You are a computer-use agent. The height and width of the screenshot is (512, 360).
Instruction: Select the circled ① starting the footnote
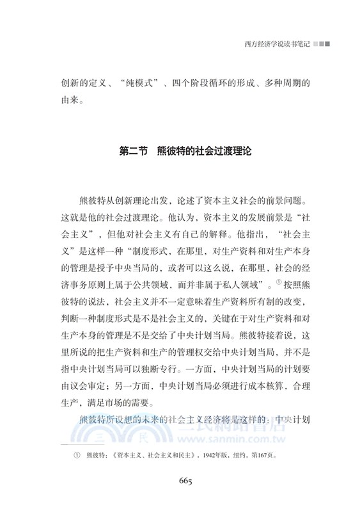[76, 456]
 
